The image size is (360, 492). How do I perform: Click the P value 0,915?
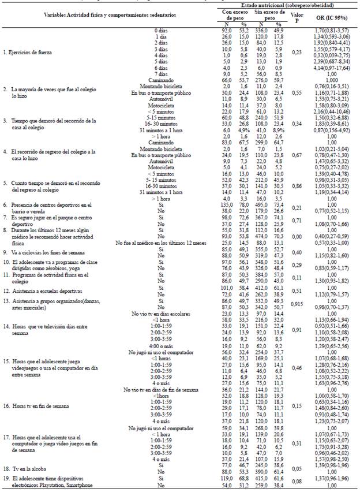tap(298, 304)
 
